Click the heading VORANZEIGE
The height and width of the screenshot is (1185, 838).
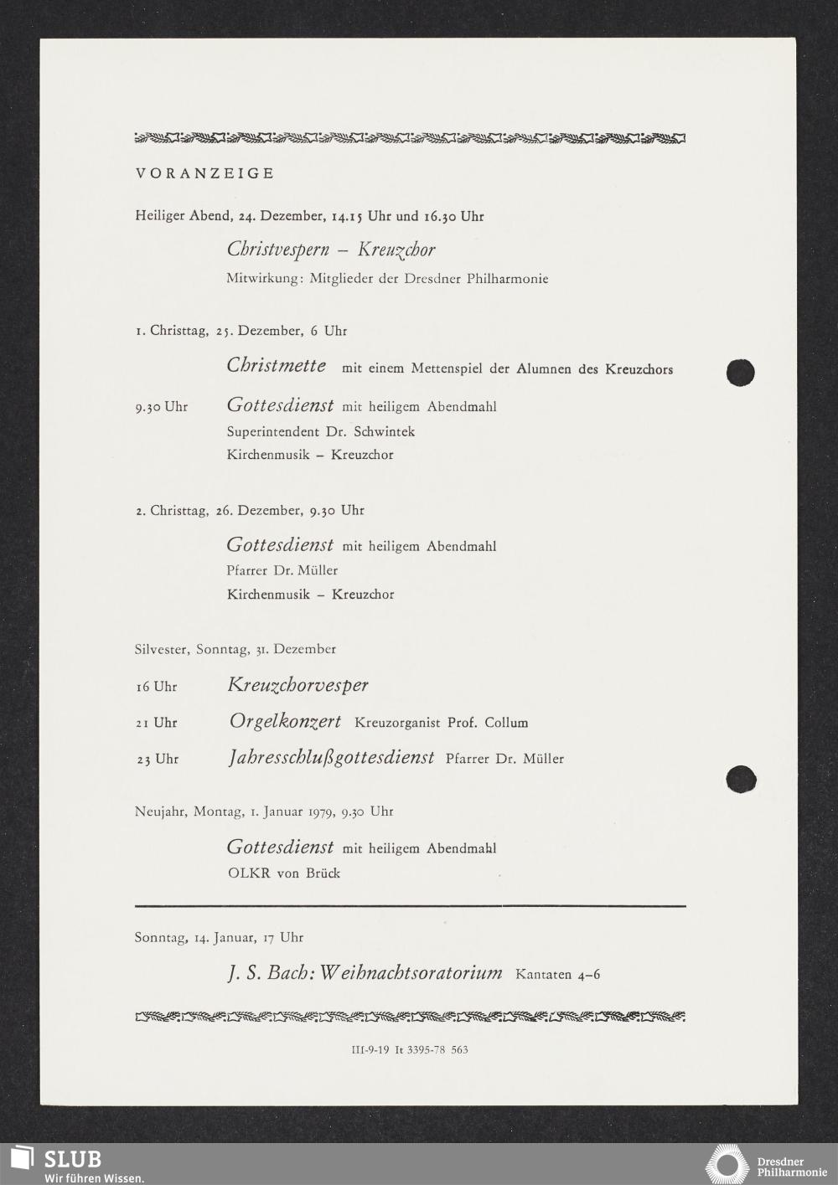[x=204, y=174]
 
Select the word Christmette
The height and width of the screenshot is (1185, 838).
[x=277, y=365]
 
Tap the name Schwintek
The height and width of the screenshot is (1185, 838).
[x=385, y=432]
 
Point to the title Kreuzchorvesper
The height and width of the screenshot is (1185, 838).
[x=297, y=685]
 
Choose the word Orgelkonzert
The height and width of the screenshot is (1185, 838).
[x=285, y=721]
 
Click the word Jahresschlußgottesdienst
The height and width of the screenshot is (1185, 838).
[x=331, y=758]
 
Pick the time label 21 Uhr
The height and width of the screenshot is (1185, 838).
[x=157, y=723]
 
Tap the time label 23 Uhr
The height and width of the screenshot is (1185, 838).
[x=157, y=760]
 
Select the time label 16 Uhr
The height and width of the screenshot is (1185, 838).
[x=157, y=687]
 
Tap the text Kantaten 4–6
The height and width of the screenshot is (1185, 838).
[x=557, y=975]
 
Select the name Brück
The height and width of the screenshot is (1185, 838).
[x=322, y=873]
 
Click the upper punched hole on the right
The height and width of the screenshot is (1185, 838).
[x=741, y=373]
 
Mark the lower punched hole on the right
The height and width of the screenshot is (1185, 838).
[x=741, y=779]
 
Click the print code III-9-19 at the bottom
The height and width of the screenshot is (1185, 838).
[x=370, y=1049]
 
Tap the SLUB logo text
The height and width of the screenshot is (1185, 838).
[x=72, y=1159]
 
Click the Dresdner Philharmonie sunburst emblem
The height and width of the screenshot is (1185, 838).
[x=727, y=1166]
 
